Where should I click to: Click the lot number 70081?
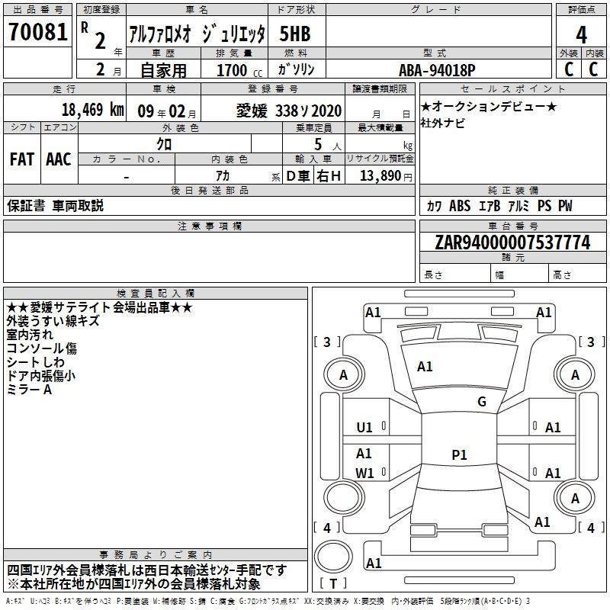click(38, 32)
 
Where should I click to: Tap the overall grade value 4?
click(581, 35)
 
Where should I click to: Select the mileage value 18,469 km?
click(92, 110)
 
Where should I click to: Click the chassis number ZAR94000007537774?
click(512, 242)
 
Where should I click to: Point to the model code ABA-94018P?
click(437, 70)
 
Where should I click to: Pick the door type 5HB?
click(295, 34)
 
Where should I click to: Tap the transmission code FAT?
click(22, 159)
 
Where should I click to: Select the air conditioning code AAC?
click(59, 159)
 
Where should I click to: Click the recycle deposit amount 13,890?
click(380, 176)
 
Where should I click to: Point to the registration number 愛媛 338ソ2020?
click(289, 111)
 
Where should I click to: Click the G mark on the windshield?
click(482, 402)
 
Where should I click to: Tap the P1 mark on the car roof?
click(459, 454)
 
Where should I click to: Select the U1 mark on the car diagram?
click(364, 428)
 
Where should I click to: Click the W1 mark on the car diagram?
click(364, 473)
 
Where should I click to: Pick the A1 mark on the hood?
click(425, 367)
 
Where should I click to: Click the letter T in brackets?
click(333, 583)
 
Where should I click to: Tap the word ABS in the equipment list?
click(460, 206)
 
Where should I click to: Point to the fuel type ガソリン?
click(296, 69)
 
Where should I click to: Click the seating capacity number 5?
click(318, 144)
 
